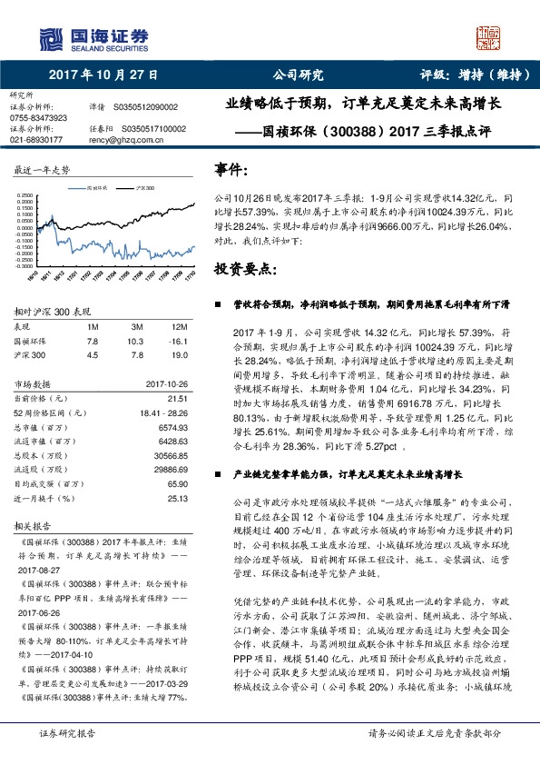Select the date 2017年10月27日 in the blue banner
coord(103,75)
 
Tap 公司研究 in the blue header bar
coord(298,75)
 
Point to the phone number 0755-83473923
coord(38,118)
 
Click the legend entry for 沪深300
coord(141,187)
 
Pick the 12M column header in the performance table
coord(179,325)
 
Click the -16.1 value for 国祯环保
coord(177,340)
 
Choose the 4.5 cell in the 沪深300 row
coord(92,354)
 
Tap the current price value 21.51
coord(177,398)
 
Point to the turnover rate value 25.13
coord(177,498)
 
